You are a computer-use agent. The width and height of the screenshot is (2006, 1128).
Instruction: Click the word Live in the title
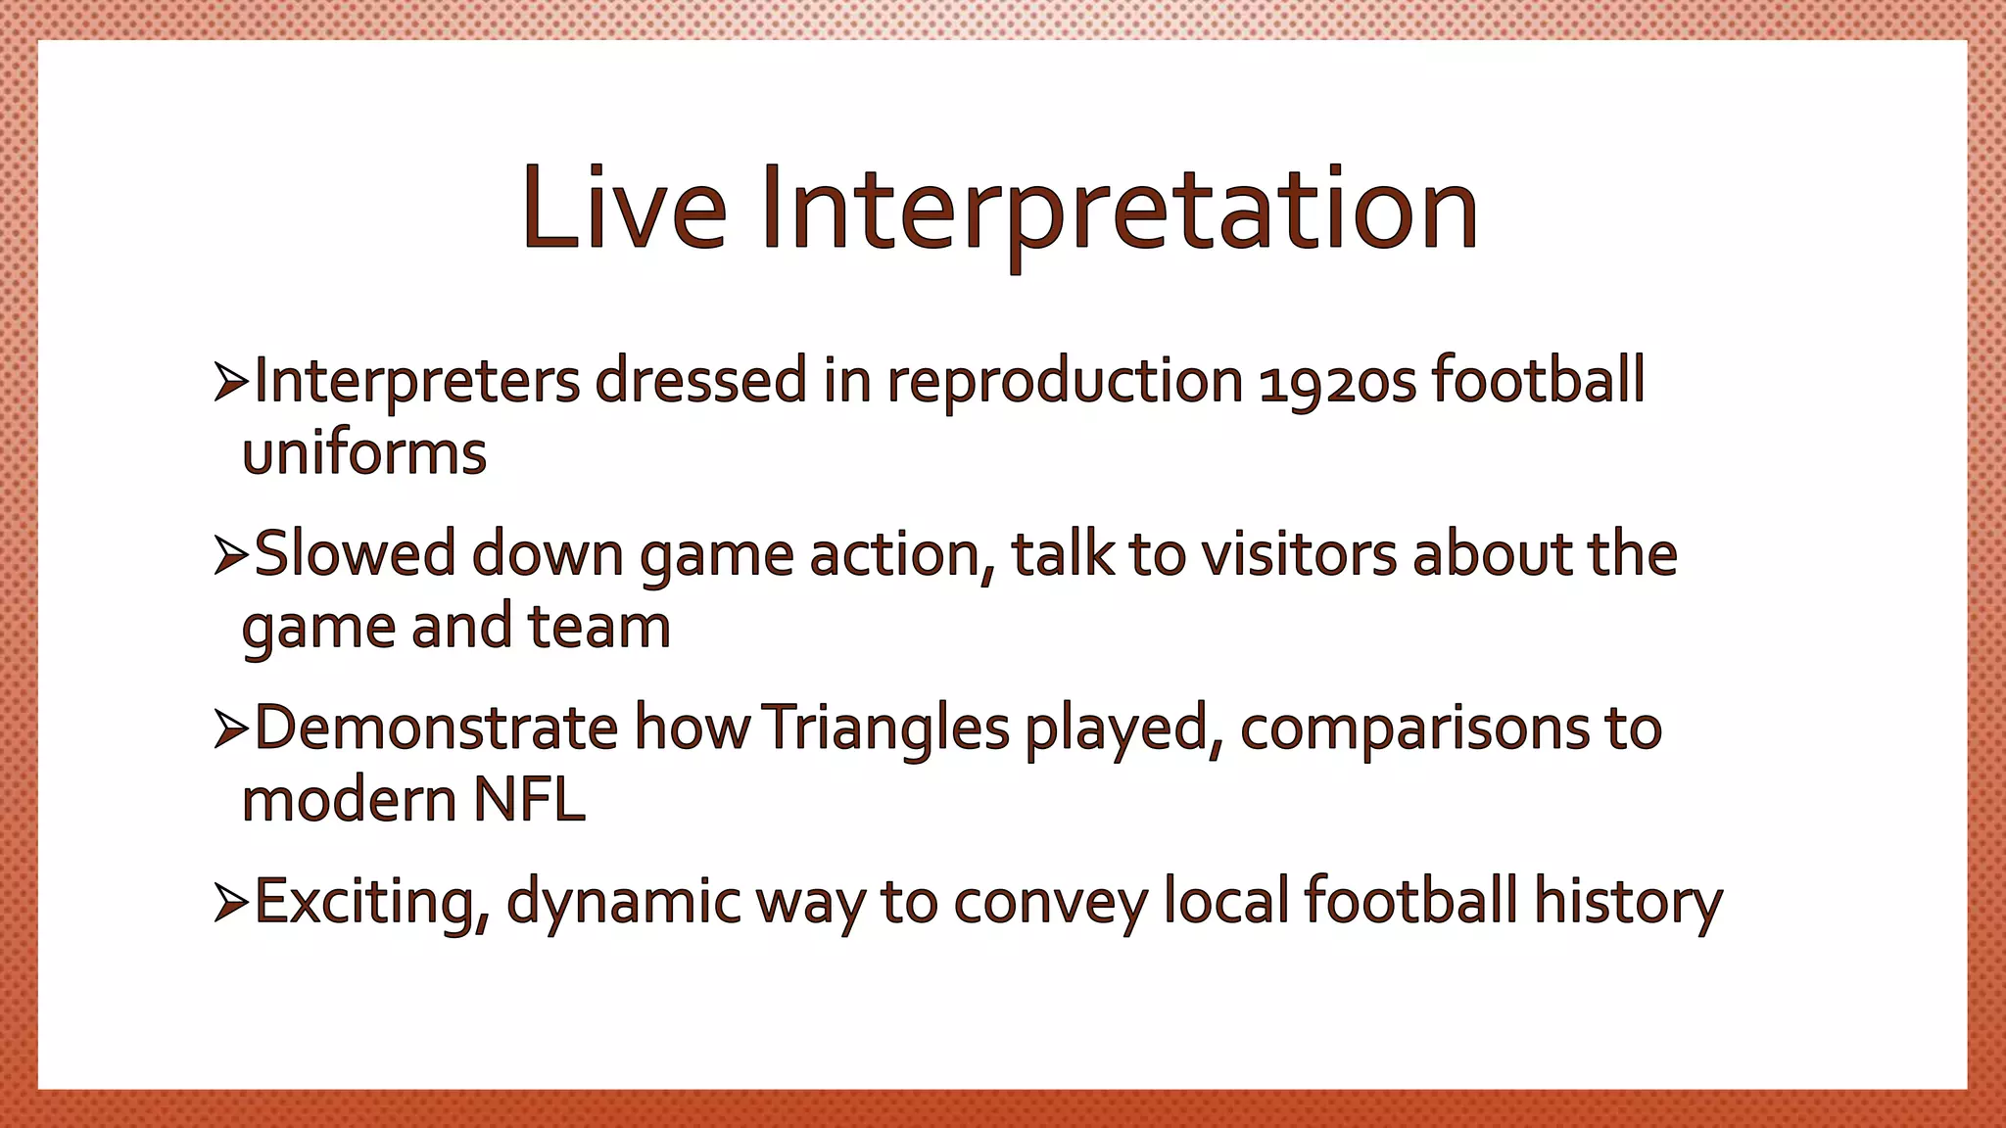tap(624, 208)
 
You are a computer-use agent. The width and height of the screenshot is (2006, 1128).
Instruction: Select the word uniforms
tap(363, 454)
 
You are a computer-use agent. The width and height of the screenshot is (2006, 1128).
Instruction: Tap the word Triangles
tap(884, 729)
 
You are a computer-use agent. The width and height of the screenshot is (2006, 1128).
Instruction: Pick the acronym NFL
tap(529, 801)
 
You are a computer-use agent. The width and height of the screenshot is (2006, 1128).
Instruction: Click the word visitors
tap(1299, 555)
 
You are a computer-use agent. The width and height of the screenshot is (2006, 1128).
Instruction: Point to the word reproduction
tap(1065, 383)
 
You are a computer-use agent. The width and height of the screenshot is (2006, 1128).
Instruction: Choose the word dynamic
tap(623, 903)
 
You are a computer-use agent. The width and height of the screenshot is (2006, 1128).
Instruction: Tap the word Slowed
tap(355, 555)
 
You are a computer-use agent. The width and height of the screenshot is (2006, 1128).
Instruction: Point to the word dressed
tap(700, 382)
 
